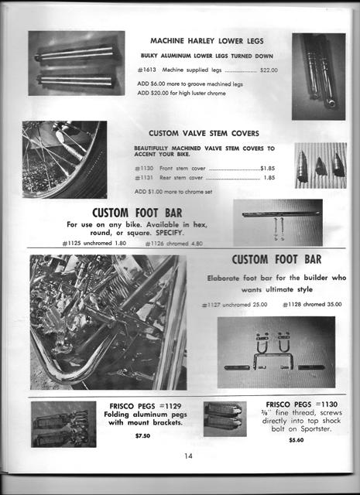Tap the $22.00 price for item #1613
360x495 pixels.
(x=269, y=70)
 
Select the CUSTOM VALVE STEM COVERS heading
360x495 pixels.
(x=204, y=133)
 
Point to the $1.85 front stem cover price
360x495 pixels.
(x=268, y=168)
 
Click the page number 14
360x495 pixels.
(x=188, y=455)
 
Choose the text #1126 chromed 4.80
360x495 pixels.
(x=173, y=244)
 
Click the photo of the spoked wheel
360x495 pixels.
(x=64, y=159)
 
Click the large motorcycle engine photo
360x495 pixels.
(x=108, y=321)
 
